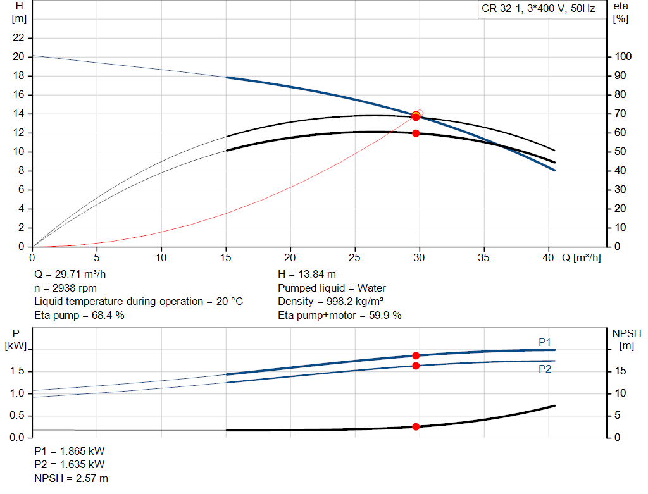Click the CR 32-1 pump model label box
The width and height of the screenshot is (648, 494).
coord(539,9)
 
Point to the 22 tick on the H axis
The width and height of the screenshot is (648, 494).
coord(18,38)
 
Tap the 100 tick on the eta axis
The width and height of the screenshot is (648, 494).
coord(623,57)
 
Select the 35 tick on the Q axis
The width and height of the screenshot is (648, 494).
coord(484,257)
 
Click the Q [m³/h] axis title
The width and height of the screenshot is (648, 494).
coord(581,257)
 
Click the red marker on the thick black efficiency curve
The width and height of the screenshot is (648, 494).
coord(416,133)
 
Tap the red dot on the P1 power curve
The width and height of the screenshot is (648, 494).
coord(416,355)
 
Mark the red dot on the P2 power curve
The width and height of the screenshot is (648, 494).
coord(416,366)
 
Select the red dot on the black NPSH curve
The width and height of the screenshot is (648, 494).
coord(416,426)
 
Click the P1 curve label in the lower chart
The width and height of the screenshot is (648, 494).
coord(544,342)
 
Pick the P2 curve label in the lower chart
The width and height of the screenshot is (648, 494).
coord(544,369)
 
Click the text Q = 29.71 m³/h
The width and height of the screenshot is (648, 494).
coord(70,275)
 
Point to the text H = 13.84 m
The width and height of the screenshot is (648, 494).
coord(307,275)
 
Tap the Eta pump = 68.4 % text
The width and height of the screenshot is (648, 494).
coord(79,315)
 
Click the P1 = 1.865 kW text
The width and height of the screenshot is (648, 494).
coord(70,452)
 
